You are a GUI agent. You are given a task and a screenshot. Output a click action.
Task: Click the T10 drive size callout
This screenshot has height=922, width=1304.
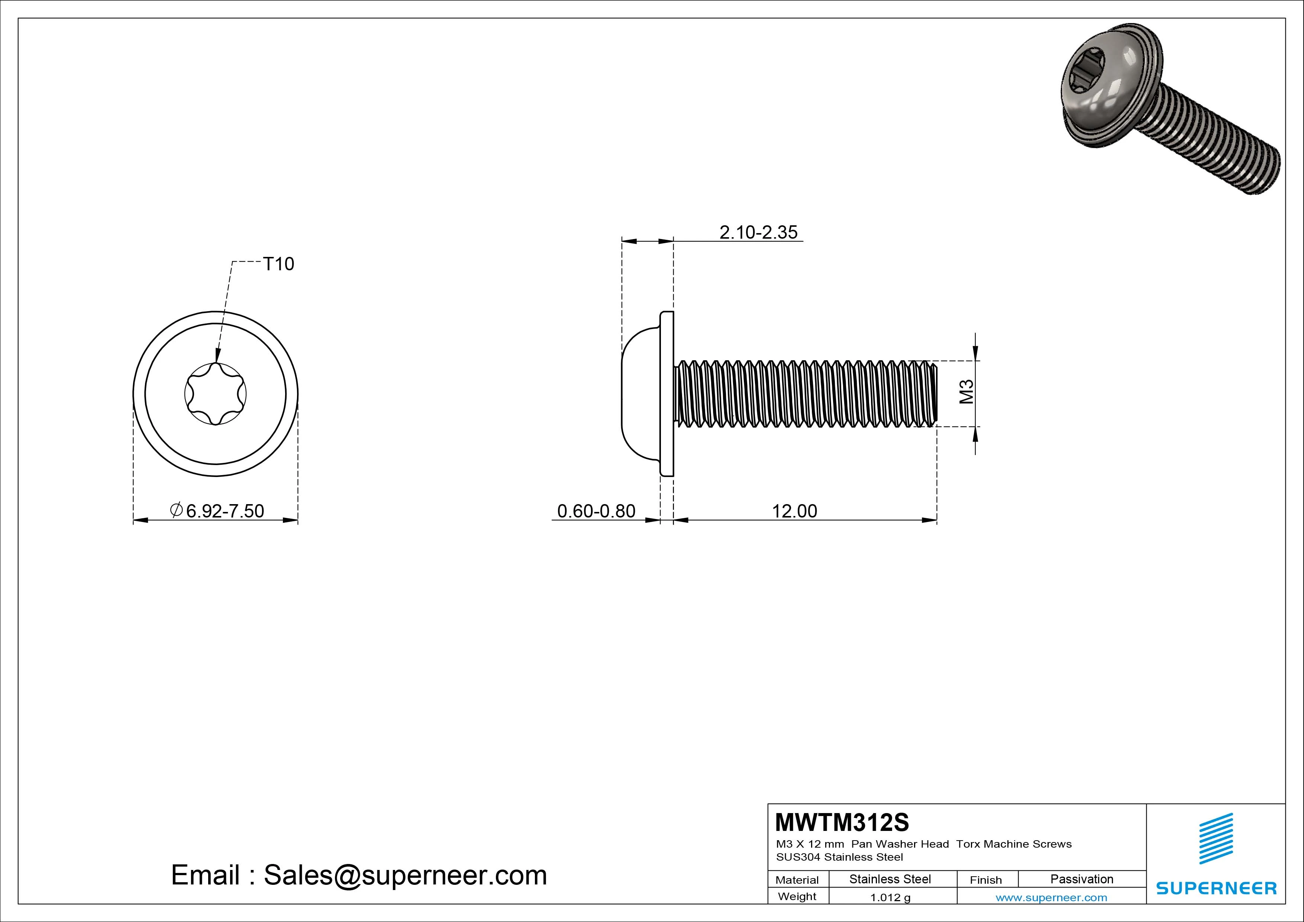tap(278, 264)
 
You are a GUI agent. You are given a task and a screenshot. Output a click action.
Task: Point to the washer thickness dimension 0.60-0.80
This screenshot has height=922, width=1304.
tap(596, 511)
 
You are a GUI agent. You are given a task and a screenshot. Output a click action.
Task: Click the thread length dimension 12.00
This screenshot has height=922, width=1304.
tap(794, 511)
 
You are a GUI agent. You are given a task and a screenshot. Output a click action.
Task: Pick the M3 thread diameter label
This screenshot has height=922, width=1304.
tap(966, 392)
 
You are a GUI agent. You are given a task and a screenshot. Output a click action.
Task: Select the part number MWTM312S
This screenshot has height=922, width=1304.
tap(842, 822)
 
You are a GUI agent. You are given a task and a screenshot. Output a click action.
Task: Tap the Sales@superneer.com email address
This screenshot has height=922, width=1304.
tap(405, 876)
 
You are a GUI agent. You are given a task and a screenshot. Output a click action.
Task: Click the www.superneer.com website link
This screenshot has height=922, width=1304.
tap(1051, 897)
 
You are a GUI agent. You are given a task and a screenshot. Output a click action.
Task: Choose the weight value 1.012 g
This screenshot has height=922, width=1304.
tap(890, 897)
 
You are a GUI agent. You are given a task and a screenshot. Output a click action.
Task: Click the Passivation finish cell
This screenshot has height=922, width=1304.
tap(1081, 879)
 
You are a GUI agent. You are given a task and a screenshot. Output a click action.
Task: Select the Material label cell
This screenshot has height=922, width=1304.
tap(797, 880)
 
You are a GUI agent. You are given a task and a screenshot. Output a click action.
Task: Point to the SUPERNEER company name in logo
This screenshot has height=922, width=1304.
tap(1216, 888)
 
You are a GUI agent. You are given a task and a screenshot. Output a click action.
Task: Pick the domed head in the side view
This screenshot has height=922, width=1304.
tap(639, 393)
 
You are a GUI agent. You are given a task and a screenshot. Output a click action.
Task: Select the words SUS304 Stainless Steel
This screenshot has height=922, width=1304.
tap(839, 857)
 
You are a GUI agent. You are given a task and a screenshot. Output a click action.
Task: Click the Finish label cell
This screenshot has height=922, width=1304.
tap(985, 880)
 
